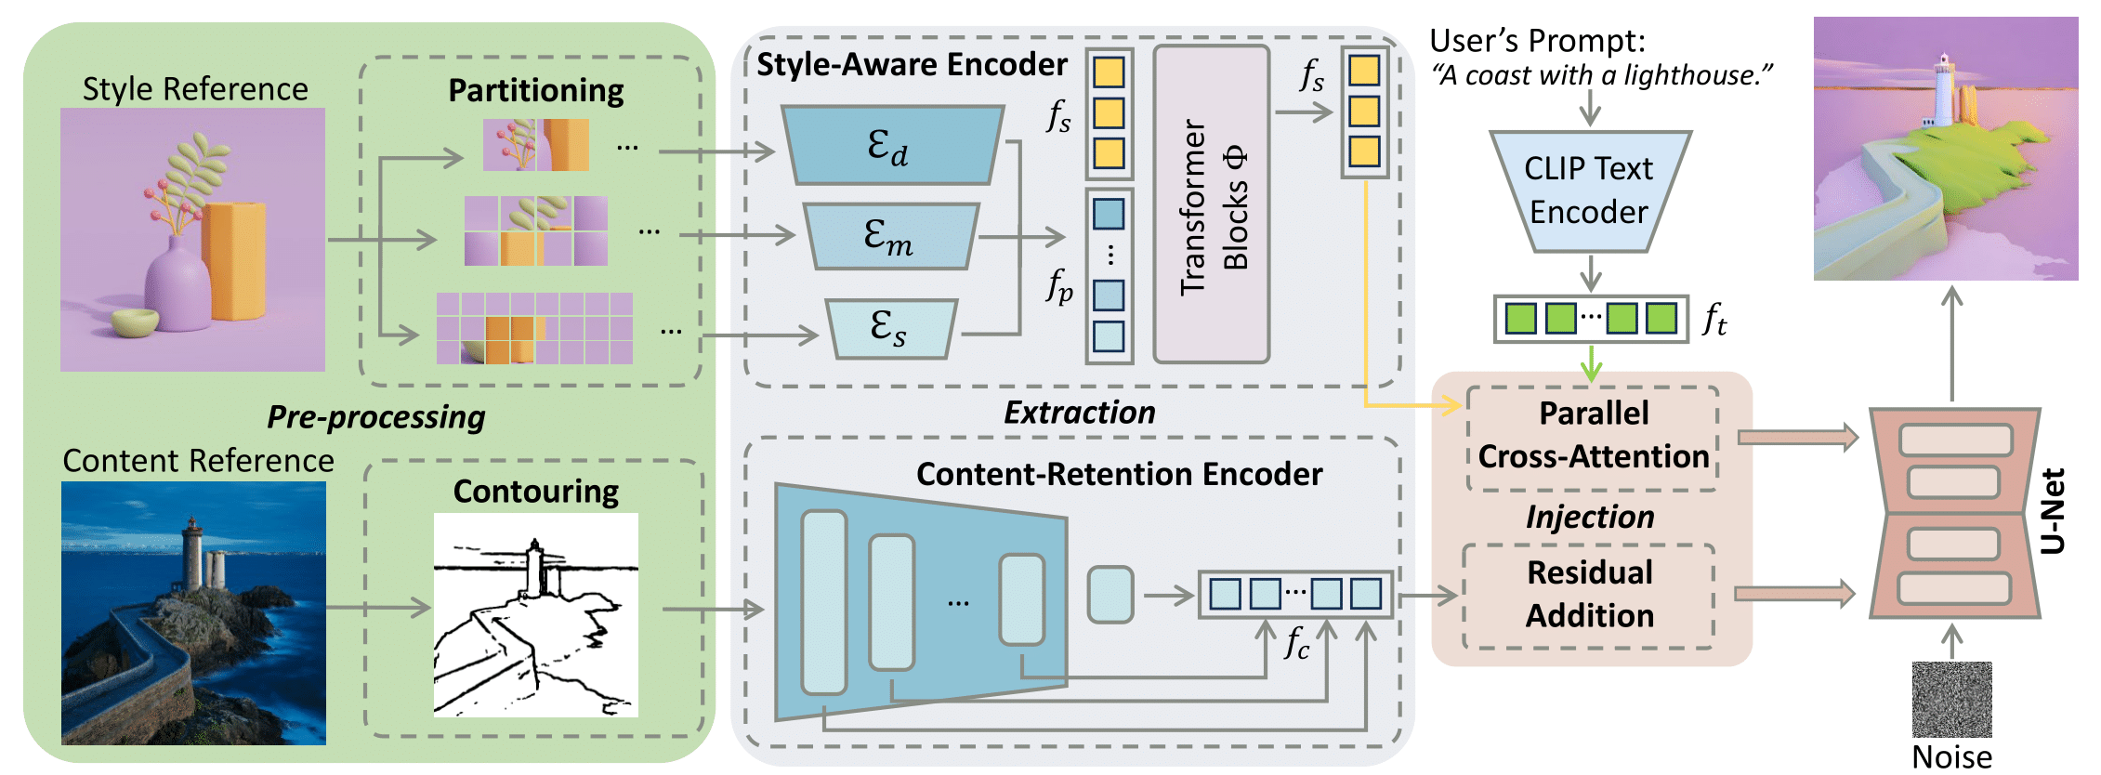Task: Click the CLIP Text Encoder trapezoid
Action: coord(1590,190)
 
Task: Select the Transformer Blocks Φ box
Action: coord(1212,204)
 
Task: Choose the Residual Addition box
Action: coord(1589,595)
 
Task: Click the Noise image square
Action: coord(1951,699)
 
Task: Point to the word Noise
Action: coord(1951,757)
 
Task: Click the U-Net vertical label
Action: coord(2053,511)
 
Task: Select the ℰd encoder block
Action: coord(892,146)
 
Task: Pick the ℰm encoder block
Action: coord(890,236)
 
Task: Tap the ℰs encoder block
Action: coord(890,328)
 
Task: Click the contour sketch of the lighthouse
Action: coord(535,614)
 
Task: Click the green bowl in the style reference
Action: coord(135,322)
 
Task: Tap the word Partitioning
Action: coord(536,90)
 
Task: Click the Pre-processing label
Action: coord(375,417)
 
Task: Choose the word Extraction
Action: coord(1079,413)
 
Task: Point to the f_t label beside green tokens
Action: coord(1714,320)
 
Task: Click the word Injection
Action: coord(1590,517)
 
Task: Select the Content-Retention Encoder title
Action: coord(1119,474)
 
